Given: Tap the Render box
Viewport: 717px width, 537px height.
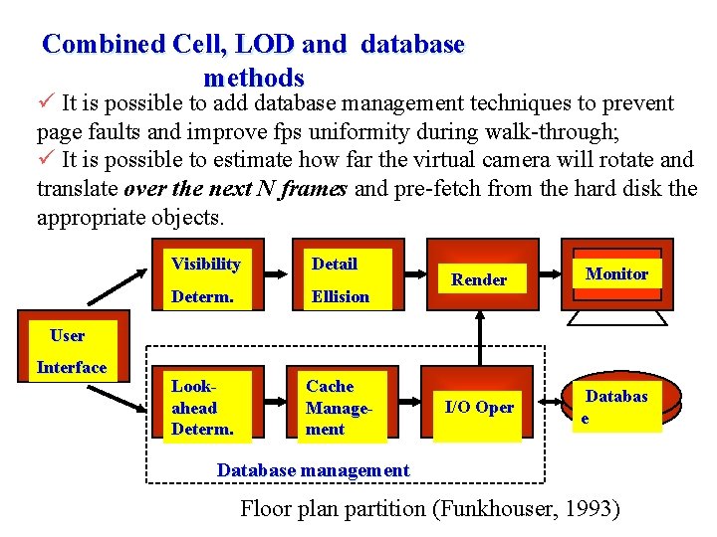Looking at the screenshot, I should click(x=479, y=279).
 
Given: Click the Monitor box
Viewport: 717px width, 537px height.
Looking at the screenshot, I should click(x=616, y=273).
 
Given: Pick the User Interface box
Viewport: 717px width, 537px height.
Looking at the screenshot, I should click(x=72, y=351).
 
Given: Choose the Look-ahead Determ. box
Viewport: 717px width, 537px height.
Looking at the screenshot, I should click(x=206, y=407).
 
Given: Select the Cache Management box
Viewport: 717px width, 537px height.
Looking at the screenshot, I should click(x=342, y=407).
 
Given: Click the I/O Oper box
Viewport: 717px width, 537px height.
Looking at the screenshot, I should click(x=479, y=407).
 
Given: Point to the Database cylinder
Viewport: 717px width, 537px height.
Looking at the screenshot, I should click(x=615, y=406).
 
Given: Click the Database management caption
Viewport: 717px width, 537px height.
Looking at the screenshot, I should click(x=313, y=469).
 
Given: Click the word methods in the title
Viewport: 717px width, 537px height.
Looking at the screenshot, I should click(x=254, y=77).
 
